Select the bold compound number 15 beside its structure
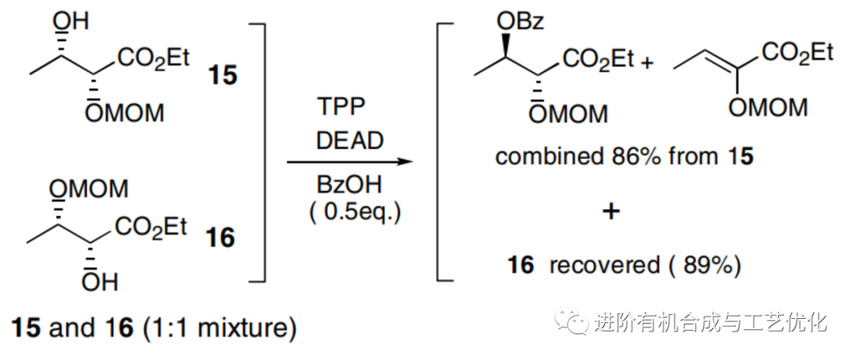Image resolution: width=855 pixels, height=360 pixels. [x=222, y=76]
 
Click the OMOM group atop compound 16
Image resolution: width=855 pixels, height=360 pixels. [x=89, y=189]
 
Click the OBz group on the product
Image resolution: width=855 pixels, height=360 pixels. [x=520, y=22]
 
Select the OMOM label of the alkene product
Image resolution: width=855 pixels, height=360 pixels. [x=767, y=108]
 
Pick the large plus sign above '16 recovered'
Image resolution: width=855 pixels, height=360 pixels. [x=611, y=210]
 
